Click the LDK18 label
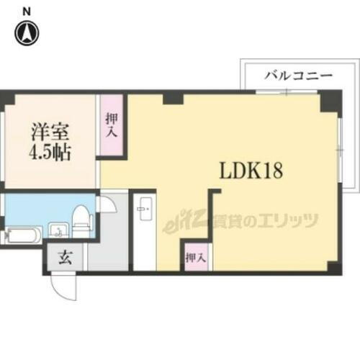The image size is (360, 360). point(251,172)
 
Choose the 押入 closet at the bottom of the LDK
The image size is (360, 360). point(194,256)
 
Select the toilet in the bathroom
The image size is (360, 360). point(81,220)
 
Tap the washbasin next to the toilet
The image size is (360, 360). point(58,230)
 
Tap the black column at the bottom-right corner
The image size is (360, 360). point(333,268)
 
